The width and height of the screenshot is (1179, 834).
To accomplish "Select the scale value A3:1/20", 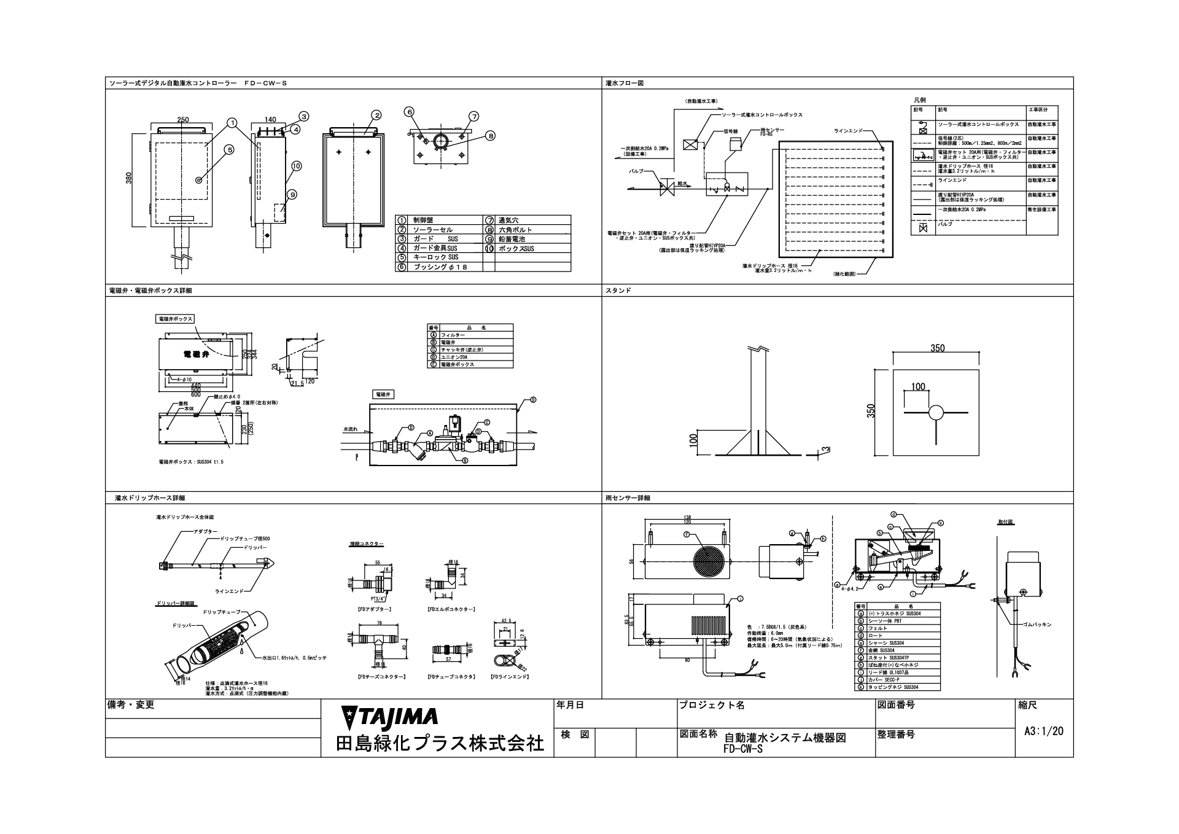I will click(1044, 731).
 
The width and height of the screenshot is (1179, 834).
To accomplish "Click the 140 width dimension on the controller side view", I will click(271, 120).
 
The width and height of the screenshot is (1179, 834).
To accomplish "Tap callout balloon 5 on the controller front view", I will click(229, 149).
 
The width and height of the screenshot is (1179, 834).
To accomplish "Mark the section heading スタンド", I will click(619, 290).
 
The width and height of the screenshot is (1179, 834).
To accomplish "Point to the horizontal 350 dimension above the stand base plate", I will click(937, 348).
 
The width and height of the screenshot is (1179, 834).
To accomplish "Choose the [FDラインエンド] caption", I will click(510, 676).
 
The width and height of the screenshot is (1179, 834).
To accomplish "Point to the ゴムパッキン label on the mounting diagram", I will click(1038, 624).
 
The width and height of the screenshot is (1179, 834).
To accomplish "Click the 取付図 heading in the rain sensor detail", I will click(1005, 522).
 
